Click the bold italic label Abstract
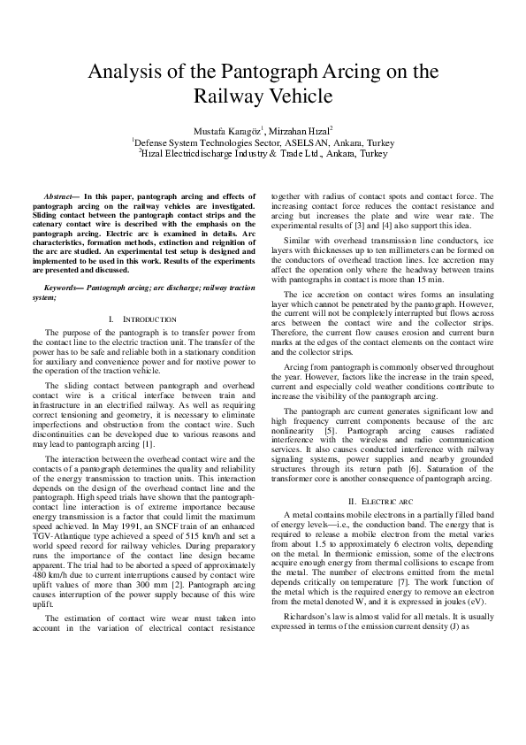60,196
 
